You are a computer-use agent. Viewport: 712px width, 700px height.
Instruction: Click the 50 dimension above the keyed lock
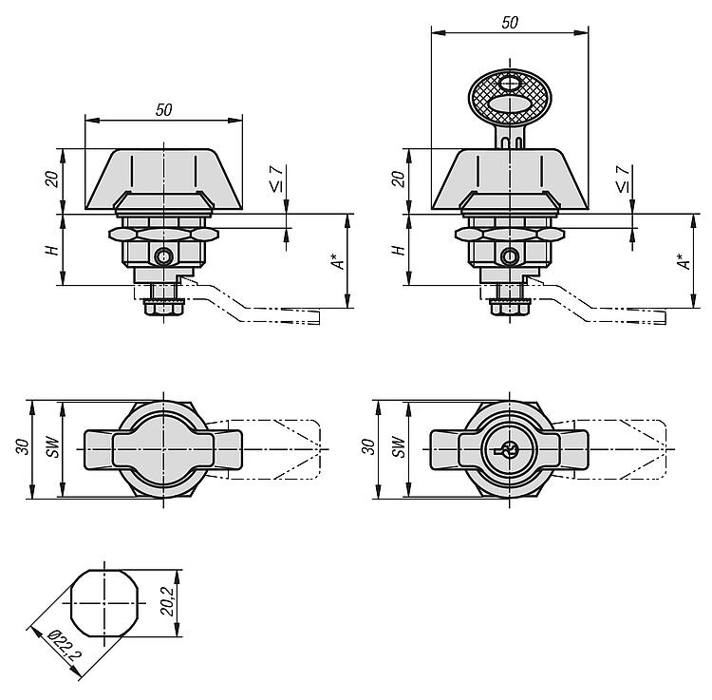[x=510, y=22]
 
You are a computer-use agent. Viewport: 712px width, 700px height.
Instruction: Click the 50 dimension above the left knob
[x=163, y=110]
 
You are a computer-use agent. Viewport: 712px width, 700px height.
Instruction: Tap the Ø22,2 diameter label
[x=65, y=645]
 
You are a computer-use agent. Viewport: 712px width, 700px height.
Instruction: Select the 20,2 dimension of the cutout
[x=167, y=601]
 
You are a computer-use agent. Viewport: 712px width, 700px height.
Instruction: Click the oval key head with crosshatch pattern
[x=510, y=98]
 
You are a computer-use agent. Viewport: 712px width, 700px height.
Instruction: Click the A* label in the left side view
[x=338, y=260]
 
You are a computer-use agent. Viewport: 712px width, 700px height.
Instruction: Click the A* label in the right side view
[x=684, y=260]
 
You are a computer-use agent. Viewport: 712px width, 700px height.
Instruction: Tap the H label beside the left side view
[x=52, y=250]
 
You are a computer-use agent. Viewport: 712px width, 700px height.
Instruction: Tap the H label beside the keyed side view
[x=398, y=250]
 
